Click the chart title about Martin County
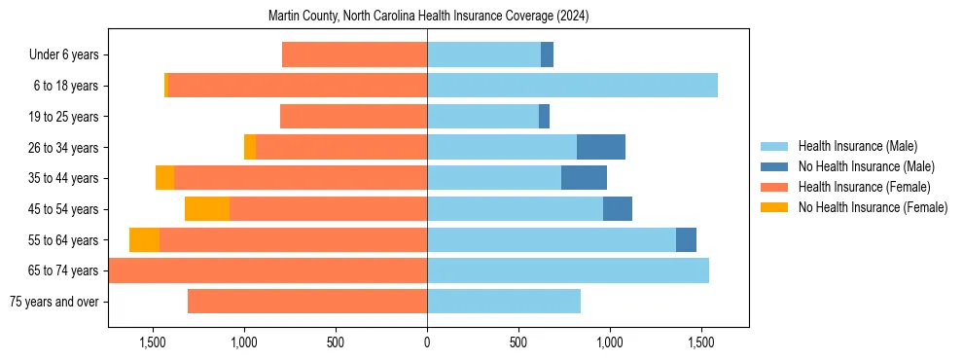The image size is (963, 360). click(428, 17)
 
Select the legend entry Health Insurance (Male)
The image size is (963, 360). click(857, 146)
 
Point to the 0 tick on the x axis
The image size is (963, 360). click(427, 342)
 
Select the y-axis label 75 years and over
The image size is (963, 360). click(53, 302)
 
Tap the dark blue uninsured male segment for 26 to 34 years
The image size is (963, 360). click(601, 147)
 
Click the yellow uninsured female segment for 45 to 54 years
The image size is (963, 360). click(207, 209)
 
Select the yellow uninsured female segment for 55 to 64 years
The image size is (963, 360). click(144, 240)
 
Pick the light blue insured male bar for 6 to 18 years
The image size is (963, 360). click(572, 86)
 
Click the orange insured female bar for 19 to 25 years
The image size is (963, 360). click(353, 117)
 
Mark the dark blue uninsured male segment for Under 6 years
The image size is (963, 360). click(547, 54)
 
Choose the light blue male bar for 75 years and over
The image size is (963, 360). click(504, 302)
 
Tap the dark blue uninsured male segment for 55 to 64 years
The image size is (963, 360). click(686, 240)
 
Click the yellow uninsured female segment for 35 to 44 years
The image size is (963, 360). click(164, 178)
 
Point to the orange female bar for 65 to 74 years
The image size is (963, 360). click(267, 270)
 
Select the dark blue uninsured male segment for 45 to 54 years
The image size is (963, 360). click(618, 209)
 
